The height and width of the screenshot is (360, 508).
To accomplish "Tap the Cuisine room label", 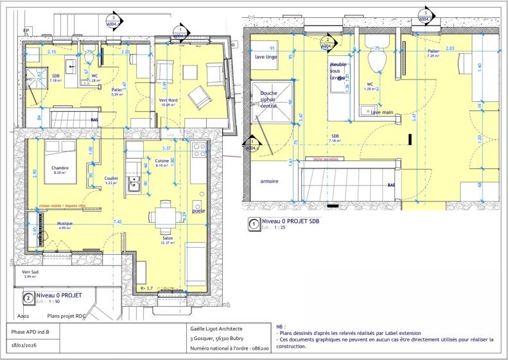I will [x=162, y=160].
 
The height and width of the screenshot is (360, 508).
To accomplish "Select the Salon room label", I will [x=167, y=238].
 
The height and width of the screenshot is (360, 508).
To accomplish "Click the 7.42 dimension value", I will [x=118, y=221].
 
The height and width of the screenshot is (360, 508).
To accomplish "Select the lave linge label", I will [x=266, y=57].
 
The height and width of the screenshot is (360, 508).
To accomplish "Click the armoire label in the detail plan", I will [x=269, y=182].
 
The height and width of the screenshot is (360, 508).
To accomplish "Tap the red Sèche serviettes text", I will [x=326, y=158].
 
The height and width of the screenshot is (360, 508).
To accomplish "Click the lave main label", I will [x=382, y=112].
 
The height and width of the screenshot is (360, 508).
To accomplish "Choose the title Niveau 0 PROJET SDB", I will [x=290, y=221].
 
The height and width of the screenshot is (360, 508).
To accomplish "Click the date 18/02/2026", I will [x=26, y=346].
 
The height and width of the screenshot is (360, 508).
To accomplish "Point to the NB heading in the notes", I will [x=280, y=327].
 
